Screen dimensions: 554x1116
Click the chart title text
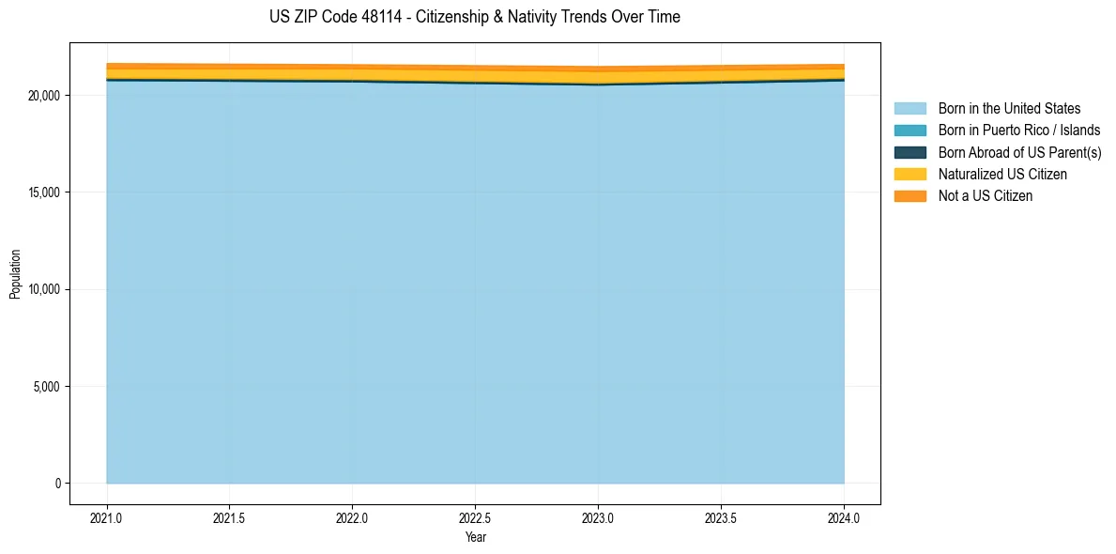tap(474, 17)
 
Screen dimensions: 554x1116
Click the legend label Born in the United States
tap(1009, 109)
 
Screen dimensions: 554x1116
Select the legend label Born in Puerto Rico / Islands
tap(1019, 131)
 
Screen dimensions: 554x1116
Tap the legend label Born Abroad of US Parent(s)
tap(1019, 152)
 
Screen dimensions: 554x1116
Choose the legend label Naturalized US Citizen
tap(1002, 174)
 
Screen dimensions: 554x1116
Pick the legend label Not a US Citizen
tap(985, 195)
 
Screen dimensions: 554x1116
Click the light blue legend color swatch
tap(910, 109)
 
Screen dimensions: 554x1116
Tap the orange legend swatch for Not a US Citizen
tap(910, 195)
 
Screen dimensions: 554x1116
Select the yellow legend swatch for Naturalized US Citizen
tap(910, 174)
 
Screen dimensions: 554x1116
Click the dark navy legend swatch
tap(910, 152)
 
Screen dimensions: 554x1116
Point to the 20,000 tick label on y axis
tap(43, 96)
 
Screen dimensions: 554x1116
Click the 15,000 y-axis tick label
tap(43, 192)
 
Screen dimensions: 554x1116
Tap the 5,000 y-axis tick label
tap(46, 386)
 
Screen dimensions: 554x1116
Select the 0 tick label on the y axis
tap(56, 484)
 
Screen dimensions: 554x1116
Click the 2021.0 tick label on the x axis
tap(106, 517)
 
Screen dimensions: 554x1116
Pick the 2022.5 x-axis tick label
tap(475, 517)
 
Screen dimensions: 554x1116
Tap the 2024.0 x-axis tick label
tap(844, 517)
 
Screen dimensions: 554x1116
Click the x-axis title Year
tap(475, 537)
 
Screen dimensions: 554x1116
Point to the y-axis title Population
tap(15, 273)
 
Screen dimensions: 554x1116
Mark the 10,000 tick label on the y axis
tap(43, 289)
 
